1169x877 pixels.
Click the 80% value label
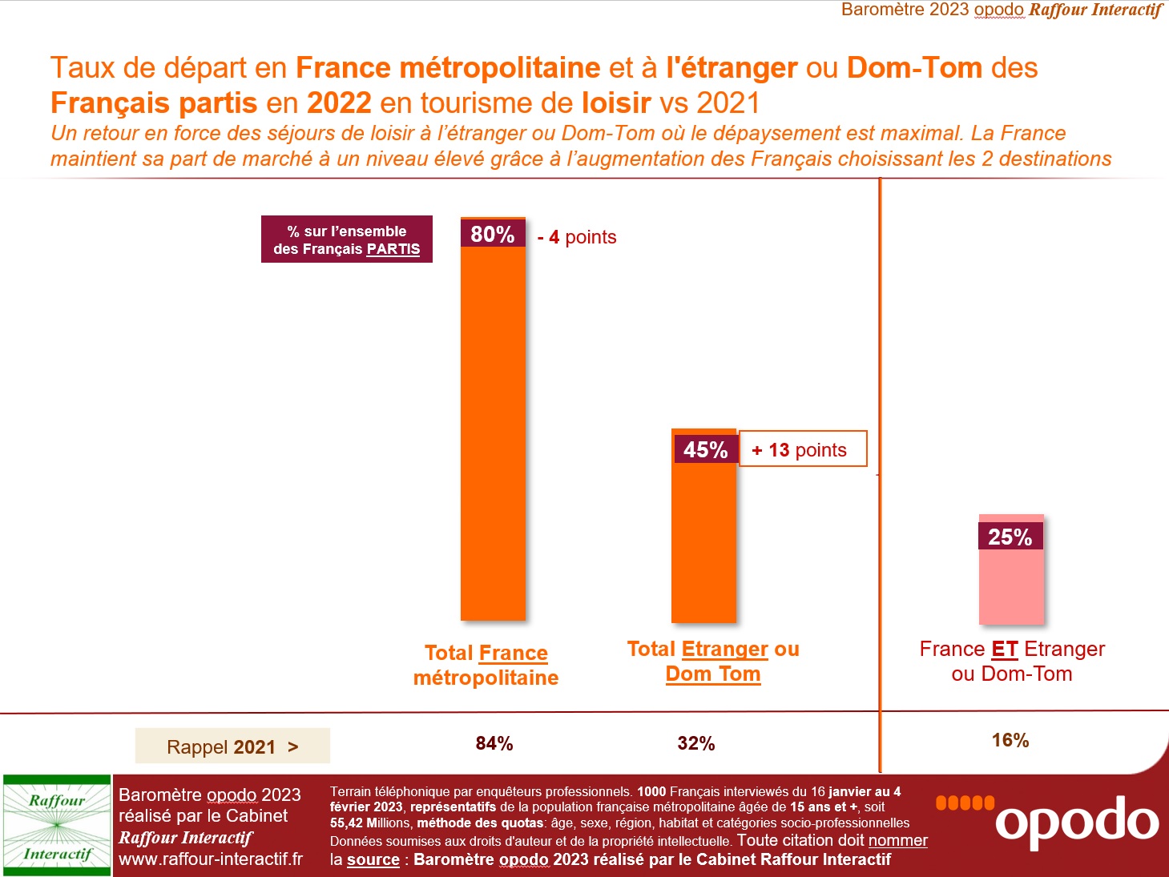492,234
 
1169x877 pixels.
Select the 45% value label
705,449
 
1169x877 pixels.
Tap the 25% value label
1010,537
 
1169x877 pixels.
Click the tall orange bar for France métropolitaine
493,432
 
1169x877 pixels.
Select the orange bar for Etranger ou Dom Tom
703,545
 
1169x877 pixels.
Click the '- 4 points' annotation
577,237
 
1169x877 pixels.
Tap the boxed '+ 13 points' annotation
802,449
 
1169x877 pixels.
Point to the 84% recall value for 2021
494,743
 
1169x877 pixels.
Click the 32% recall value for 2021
695,743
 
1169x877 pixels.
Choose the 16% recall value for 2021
1010,740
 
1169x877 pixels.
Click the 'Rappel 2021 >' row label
232,746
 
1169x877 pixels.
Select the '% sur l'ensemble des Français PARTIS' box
346,239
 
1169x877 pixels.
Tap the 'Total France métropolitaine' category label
486,665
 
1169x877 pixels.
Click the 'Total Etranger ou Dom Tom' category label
713,661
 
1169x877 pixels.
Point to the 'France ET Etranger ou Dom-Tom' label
1011,661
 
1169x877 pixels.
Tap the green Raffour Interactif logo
57,826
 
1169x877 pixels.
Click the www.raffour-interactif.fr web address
211,859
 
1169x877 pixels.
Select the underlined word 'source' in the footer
373,859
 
